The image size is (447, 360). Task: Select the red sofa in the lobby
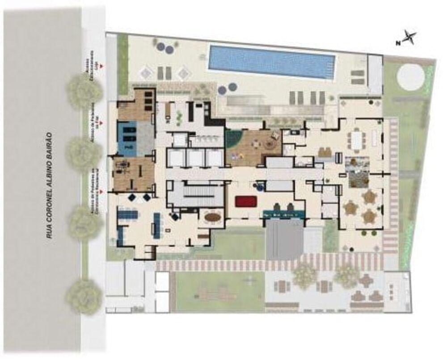[245, 201]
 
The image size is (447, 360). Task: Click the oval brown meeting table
[213, 218]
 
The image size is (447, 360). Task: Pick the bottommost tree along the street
[84, 296]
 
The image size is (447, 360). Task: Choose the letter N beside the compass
[397, 43]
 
